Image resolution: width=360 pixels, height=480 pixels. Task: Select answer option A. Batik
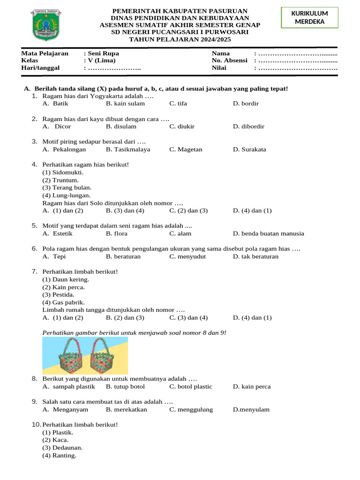[x=56, y=104]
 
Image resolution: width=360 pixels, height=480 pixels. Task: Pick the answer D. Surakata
[x=249, y=150]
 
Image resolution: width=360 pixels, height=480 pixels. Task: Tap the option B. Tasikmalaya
[x=128, y=150]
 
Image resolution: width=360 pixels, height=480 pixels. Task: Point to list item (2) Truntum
[x=60, y=180]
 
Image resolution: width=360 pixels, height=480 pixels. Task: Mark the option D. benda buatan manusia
[x=269, y=233]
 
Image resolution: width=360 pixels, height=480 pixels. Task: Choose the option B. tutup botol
[x=125, y=387]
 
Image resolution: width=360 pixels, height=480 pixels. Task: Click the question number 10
[x=37, y=425]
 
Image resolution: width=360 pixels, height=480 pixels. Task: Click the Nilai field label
[x=219, y=68]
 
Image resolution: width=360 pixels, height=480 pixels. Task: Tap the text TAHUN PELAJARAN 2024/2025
[x=180, y=39]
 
